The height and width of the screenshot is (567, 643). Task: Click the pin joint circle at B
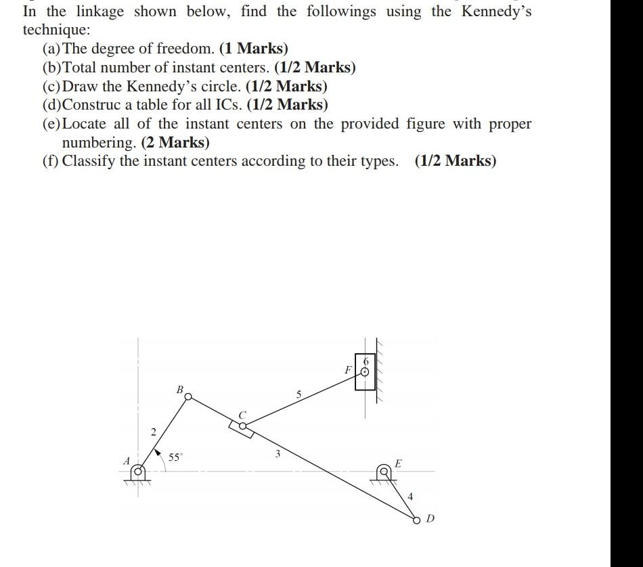(x=188, y=396)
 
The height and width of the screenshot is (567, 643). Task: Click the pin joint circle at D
(x=416, y=520)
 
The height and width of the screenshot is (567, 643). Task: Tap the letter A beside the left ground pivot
(x=126, y=460)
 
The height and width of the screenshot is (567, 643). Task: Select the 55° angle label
(x=175, y=457)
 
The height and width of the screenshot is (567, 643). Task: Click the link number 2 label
(x=153, y=432)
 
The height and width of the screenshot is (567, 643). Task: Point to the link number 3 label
(x=278, y=453)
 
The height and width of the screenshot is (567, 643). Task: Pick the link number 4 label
(x=409, y=497)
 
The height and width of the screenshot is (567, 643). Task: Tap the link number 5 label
(x=298, y=394)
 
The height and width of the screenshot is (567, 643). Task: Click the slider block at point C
(x=241, y=427)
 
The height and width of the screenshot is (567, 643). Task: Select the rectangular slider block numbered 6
(x=365, y=371)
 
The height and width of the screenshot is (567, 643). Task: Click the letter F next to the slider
(x=348, y=370)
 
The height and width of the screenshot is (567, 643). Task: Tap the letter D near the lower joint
(x=430, y=519)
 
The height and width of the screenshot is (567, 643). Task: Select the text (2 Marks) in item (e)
(x=175, y=143)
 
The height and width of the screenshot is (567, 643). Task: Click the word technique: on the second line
(x=56, y=30)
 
